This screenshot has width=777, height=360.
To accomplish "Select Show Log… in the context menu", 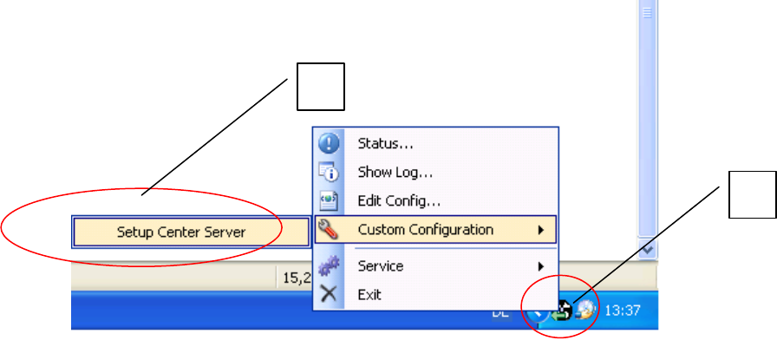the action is point(395,173).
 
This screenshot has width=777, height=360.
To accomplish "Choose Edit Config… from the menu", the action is point(399,201).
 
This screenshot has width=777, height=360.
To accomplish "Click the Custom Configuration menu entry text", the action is point(425,230).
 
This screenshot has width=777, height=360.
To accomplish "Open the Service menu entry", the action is point(380,266).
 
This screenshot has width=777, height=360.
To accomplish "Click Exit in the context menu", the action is point(369,294).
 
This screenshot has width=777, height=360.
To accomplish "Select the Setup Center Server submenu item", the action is point(181,232).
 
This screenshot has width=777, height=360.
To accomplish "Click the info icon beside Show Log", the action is point(329,173).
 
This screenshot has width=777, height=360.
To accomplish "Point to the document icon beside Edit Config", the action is point(329,201).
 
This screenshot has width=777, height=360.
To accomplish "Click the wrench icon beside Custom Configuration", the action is point(329,230).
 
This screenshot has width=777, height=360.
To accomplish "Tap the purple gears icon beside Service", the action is point(329,266).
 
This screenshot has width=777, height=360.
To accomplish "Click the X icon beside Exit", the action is point(329,294).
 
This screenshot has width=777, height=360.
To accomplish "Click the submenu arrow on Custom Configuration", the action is point(541,230).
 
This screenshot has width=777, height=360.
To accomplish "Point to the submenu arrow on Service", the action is point(541,266).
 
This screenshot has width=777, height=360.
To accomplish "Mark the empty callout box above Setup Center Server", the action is point(321,86).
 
